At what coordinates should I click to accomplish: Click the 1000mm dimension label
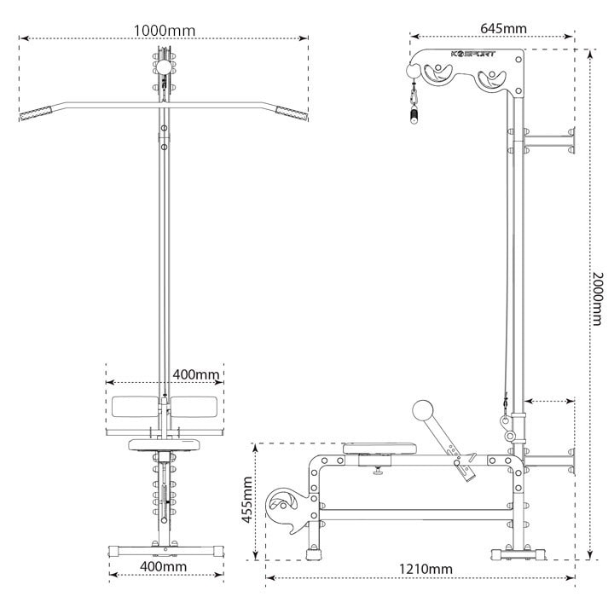(x=165, y=31)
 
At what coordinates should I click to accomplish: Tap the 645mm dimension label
(x=503, y=29)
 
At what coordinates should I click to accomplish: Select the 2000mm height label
(x=597, y=298)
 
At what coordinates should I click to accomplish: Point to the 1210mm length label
(x=426, y=569)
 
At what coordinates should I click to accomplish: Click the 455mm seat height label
(x=247, y=500)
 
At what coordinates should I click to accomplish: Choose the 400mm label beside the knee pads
(x=196, y=374)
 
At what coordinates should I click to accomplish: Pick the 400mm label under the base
(x=163, y=566)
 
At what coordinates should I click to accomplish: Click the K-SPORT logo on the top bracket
(x=473, y=54)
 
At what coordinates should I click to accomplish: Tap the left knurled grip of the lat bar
(x=36, y=113)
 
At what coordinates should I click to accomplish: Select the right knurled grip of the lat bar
(x=292, y=113)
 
